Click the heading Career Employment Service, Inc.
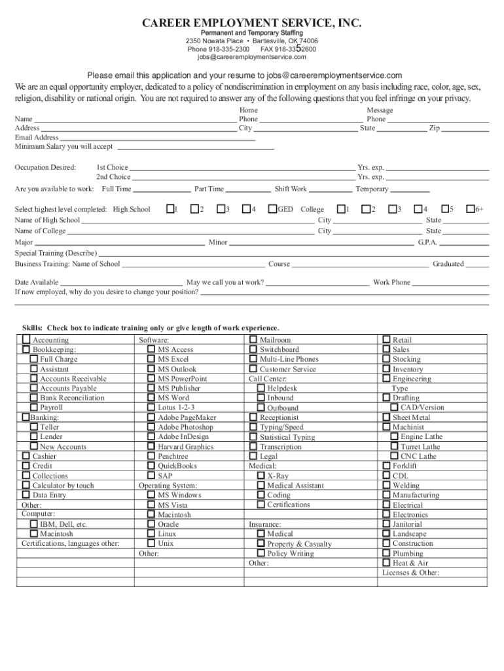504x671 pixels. tap(252, 24)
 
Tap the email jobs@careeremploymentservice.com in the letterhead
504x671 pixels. tap(252, 57)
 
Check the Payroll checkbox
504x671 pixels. tap(33, 408)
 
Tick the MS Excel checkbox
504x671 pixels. tap(151, 359)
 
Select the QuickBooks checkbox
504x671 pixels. tap(151, 466)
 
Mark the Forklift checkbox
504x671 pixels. tap(386, 466)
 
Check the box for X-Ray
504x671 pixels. tap(261, 476)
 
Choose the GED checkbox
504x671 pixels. tap(272, 209)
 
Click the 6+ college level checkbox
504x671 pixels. tap(469, 209)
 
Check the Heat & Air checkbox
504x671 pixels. tap(386, 563)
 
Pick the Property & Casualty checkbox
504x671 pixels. tap(261, 544)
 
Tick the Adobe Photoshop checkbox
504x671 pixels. tap(151, 427)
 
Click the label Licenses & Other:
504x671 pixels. tap(410, 573)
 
